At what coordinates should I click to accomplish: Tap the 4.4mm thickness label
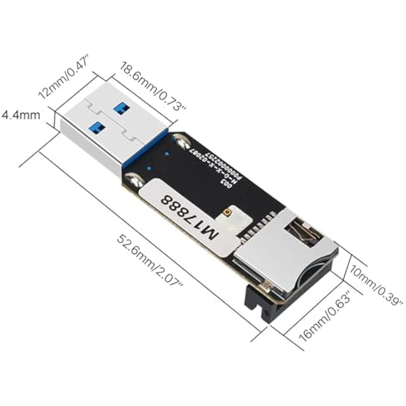[x=21, y=115]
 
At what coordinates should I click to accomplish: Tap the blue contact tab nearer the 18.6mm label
[x=121, y=107]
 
